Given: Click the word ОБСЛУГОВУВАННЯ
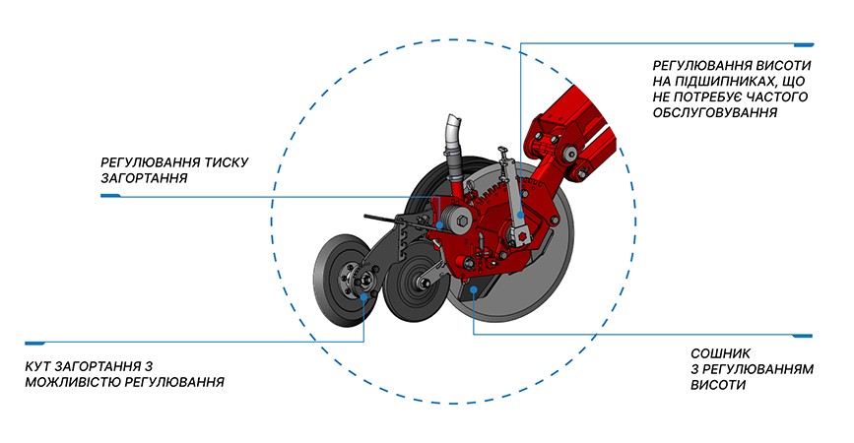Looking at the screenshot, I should tap(714, 113).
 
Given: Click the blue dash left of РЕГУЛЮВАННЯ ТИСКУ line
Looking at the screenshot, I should tap(110, 195).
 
